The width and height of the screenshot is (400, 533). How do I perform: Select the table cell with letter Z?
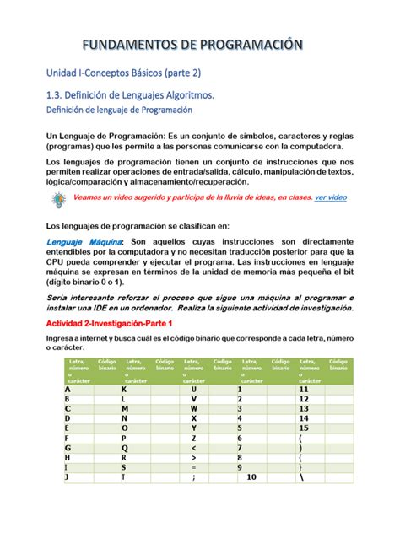193,439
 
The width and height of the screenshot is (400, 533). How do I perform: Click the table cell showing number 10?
251,476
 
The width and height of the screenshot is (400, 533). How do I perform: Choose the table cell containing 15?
304,427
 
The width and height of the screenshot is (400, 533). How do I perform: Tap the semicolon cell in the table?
193,476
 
